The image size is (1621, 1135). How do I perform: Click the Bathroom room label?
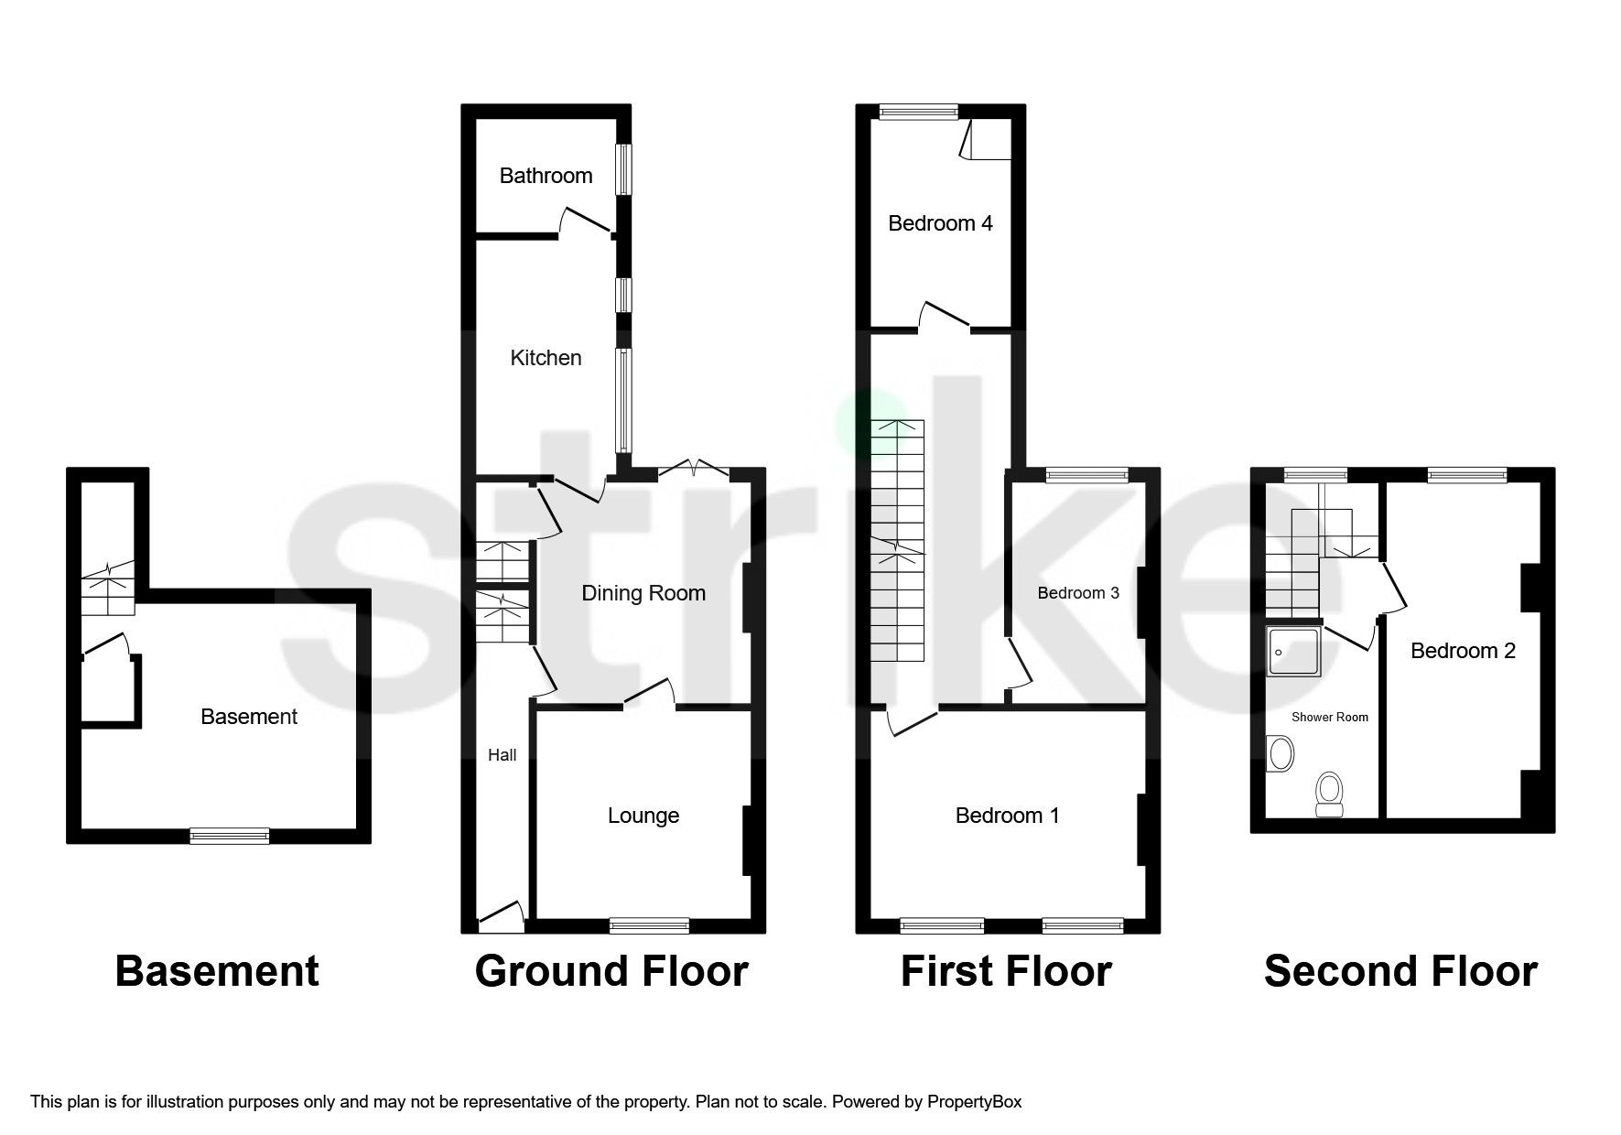[x=546, y=176]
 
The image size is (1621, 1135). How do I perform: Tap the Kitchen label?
[x=546, y=358]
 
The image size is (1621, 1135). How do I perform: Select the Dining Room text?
[x=643, y=593]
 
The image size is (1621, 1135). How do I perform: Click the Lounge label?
[x=643, y=816]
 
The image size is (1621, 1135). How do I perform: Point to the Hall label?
[x=503, y=755]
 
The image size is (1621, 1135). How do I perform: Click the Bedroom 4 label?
[x=940, y=223]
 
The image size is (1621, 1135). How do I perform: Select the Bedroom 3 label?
[x=1078, y=593]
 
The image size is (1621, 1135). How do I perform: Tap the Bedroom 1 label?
[x=1007, y=816]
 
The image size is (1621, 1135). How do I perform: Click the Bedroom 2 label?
[x=1463, y=651]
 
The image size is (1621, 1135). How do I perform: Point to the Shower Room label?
[x=1329, y=718]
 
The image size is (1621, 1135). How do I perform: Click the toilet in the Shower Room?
[x=1328, y=793]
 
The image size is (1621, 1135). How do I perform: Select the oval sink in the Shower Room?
[x=1280, y=755]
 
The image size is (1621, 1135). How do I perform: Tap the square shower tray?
[x=1293, y=652]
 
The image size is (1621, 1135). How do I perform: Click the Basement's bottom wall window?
[x=230, y=835]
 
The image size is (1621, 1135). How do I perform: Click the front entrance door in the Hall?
[x=501, y=918]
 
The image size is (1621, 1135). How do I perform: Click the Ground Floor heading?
[x=611, y=972]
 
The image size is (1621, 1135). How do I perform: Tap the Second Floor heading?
[x=1399, y=972]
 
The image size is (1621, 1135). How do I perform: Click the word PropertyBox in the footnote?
[x=974, y=1102]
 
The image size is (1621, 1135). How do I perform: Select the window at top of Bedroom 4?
[x=918, y=112]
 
